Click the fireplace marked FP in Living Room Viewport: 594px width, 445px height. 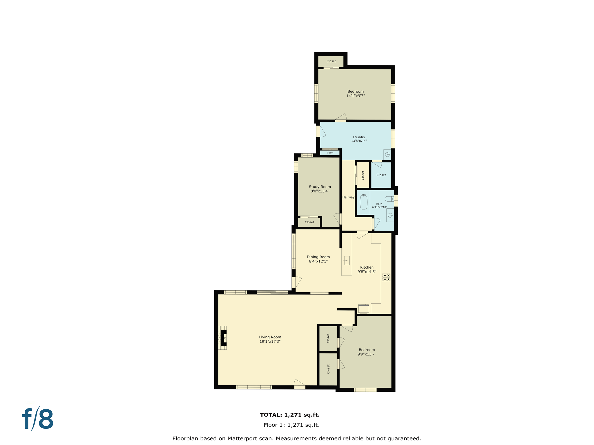coord(224,338)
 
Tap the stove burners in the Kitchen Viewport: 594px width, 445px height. coord(386,277)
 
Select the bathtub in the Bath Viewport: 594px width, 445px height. coord(363,202)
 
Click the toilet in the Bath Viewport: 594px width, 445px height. coord(389,199)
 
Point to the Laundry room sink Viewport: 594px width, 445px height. coord(387,155)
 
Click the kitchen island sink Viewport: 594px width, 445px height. coord(346,260)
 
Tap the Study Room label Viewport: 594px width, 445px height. coord(320,187)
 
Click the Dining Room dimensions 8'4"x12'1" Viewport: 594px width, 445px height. coord(318,261)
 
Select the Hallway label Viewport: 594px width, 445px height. coord(348,197)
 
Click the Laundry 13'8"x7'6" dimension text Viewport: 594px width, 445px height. coord(359,141)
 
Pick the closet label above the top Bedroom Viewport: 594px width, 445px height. coord(331,61)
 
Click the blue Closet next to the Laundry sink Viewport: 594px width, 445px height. coord(381,175)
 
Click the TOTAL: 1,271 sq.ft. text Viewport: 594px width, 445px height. coord(290,415)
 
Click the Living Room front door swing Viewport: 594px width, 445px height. coord(299,383)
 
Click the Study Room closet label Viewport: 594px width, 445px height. coord(309,222)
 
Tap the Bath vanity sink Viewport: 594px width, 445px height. coord(390,215)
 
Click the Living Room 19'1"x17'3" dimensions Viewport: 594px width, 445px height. coord(270,342)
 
